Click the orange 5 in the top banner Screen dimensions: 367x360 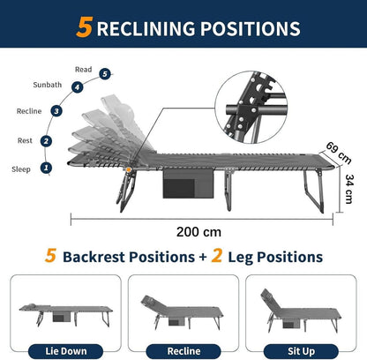[x=85, y=27]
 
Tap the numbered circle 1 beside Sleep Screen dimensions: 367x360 [x=46, y=168]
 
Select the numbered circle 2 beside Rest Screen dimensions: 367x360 [x=46, y=141]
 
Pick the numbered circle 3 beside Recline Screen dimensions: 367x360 [x=56, y=111]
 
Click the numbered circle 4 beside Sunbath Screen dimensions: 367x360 [x=77, y=87]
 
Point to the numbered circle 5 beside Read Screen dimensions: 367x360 [x=105, y=74]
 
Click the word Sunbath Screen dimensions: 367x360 [x=48, y=85]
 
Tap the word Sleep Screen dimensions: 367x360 [x=21, y=169]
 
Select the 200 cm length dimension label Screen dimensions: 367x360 [x=198, y=232]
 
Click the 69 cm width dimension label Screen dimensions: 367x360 [x=339, y=153]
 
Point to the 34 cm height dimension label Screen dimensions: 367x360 [x=348, y=189]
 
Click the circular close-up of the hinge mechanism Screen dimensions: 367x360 [x=251, y=108]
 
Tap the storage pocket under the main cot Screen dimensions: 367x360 [x=188, y=184]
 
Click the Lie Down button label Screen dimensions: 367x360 [x=66, y=351]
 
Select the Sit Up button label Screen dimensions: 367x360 [x=301, y=351]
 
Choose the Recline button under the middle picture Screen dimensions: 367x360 [x=183, y=351]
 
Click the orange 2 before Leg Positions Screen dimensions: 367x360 [x=216, y=256]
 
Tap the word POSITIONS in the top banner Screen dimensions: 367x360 [x=251, y=29]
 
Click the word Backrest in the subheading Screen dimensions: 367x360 [x=94, y=257]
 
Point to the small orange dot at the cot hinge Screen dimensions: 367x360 [x=129, y=169]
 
